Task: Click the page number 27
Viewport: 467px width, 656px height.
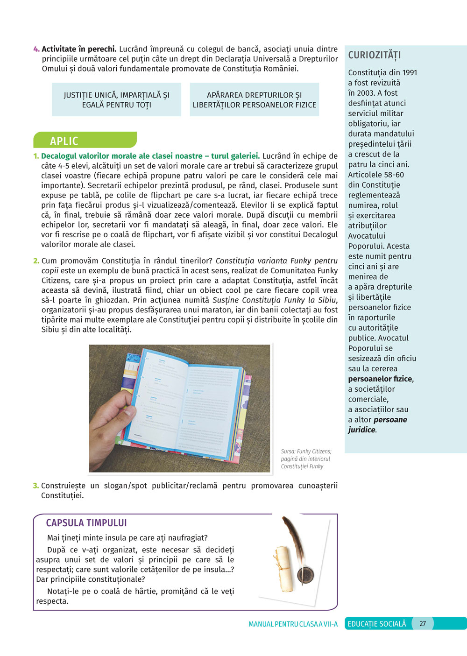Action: [422, 624]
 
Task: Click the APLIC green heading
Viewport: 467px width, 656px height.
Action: [64, 141]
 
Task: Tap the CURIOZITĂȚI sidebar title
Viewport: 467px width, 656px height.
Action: [374, 55]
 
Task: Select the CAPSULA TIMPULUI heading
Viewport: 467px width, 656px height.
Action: [86, 523]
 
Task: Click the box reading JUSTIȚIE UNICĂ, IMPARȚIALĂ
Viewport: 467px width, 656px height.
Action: [116, 100]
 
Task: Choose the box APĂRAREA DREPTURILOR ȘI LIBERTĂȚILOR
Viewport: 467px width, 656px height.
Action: [255, 100]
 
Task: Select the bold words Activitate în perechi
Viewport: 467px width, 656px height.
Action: [79, 49]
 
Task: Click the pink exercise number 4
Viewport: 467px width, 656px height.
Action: [36, 49]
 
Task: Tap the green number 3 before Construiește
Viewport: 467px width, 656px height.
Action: [35, 486]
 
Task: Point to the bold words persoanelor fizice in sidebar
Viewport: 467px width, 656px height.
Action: [380, 379]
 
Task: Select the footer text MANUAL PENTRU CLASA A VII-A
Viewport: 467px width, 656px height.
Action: [293, 624]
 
